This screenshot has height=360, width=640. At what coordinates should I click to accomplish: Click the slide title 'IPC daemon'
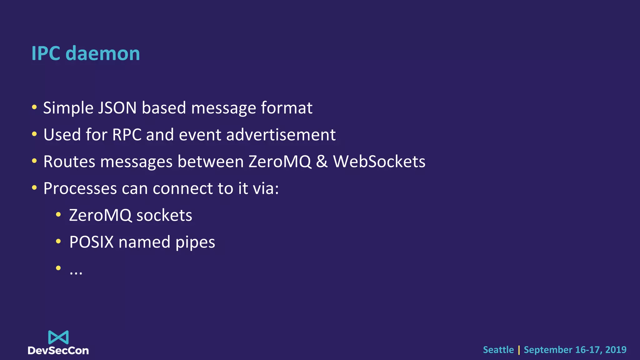[86, 53]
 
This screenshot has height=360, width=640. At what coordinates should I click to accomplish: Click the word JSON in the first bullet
[117, 108]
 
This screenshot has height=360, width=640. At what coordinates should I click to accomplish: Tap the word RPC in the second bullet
[127, 135]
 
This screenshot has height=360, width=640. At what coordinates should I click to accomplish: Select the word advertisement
[281, 135]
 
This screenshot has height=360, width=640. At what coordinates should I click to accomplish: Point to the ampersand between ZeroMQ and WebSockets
[322, 162]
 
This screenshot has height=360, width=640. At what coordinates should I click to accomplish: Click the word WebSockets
[379, 162]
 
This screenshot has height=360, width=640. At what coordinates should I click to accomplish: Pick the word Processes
[80, 189]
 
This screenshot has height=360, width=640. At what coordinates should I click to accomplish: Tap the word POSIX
[91, 242]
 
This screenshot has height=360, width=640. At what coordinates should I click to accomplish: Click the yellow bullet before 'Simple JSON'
[34, 107]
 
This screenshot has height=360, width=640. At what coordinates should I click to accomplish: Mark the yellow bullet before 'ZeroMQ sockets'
[58, 215]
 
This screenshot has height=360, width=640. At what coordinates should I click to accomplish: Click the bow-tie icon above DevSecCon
[58, 337]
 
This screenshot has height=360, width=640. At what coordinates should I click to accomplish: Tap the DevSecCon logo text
[58, 351]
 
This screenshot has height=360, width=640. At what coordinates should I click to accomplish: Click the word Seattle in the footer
[498, 350]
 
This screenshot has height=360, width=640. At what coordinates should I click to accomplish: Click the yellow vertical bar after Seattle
[519, 350]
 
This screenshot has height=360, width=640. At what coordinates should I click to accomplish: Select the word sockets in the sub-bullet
[164, 216]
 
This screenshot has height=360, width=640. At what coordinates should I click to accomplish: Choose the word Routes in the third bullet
[69, 162]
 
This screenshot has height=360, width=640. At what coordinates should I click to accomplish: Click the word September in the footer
[548, 350]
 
